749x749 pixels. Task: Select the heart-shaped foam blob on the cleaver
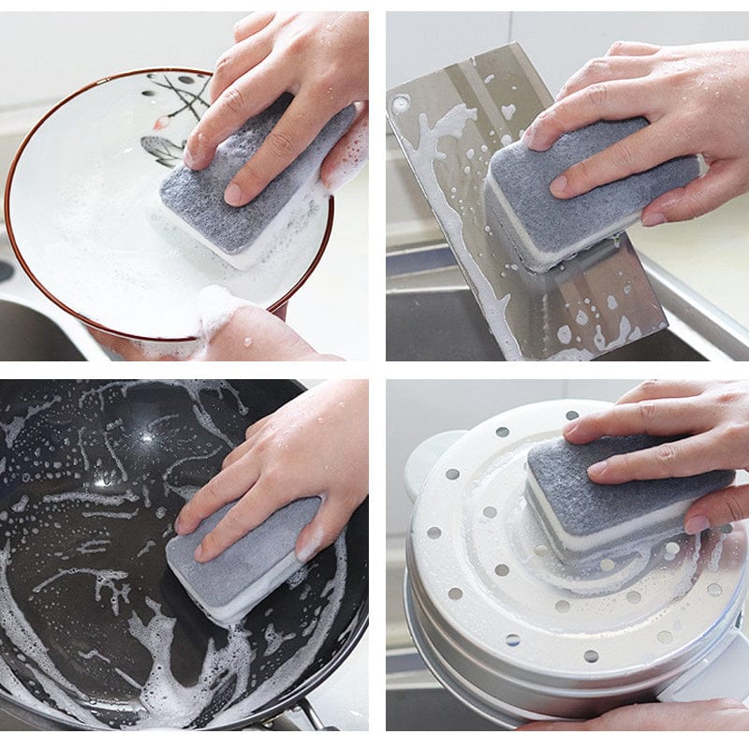pyautogui.click(x=507, y=111)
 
